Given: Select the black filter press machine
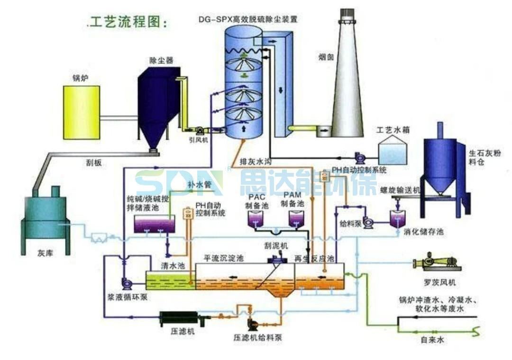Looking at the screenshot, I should point(181,319).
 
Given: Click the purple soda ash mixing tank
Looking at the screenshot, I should point(155,224).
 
